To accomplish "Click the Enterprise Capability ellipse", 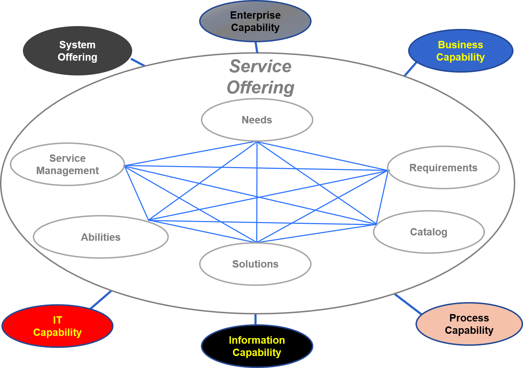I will [x=255, y=22].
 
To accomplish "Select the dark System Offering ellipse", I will [x=78, y=51].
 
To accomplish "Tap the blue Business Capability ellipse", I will [x=460, y=51].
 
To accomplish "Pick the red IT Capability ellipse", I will [x=57, y=326].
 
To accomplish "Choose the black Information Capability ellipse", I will [x=257, y=346].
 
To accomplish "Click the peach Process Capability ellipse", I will [x=469, y=324].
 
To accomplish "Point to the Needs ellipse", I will [x=257, y=120].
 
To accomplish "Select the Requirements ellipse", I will [x=443, y=168].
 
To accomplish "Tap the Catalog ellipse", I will [x=429, y=232].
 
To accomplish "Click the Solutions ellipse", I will [x=255, y=264].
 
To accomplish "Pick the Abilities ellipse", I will [x=101, y=237].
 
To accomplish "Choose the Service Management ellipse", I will [x=67, y=164].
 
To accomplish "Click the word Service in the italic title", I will [x=260, y=66].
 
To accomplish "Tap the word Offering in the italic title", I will [x=260, y=87].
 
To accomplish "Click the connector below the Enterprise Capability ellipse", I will [x=256, y=47].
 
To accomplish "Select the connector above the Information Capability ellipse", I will [x=255, y=319].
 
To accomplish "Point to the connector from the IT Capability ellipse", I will [x=101, y=300].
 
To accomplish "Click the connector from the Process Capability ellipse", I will [x=408, y=304].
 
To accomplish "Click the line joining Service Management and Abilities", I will [x=137, y=193].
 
